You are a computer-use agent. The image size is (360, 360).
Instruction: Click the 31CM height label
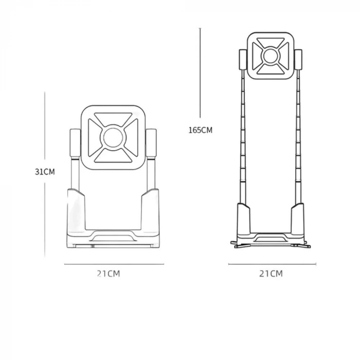tap(45, 172)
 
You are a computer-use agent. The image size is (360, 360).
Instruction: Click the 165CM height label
tap(201, 130)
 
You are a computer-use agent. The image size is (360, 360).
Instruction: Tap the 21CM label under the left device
tap(109, 274)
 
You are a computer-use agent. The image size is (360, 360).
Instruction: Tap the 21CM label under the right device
tap(271, 274)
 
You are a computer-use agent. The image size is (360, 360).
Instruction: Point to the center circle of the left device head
tap(113, 137)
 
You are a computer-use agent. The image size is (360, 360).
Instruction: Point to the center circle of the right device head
tap(271, 56)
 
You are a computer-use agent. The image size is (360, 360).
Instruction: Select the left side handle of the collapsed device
tap(75, 142)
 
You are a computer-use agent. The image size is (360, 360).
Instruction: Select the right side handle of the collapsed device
tap(151, 142)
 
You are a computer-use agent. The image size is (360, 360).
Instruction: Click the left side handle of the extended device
tap(243, 59)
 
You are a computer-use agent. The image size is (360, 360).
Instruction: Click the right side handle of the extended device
tap(298, 59)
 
